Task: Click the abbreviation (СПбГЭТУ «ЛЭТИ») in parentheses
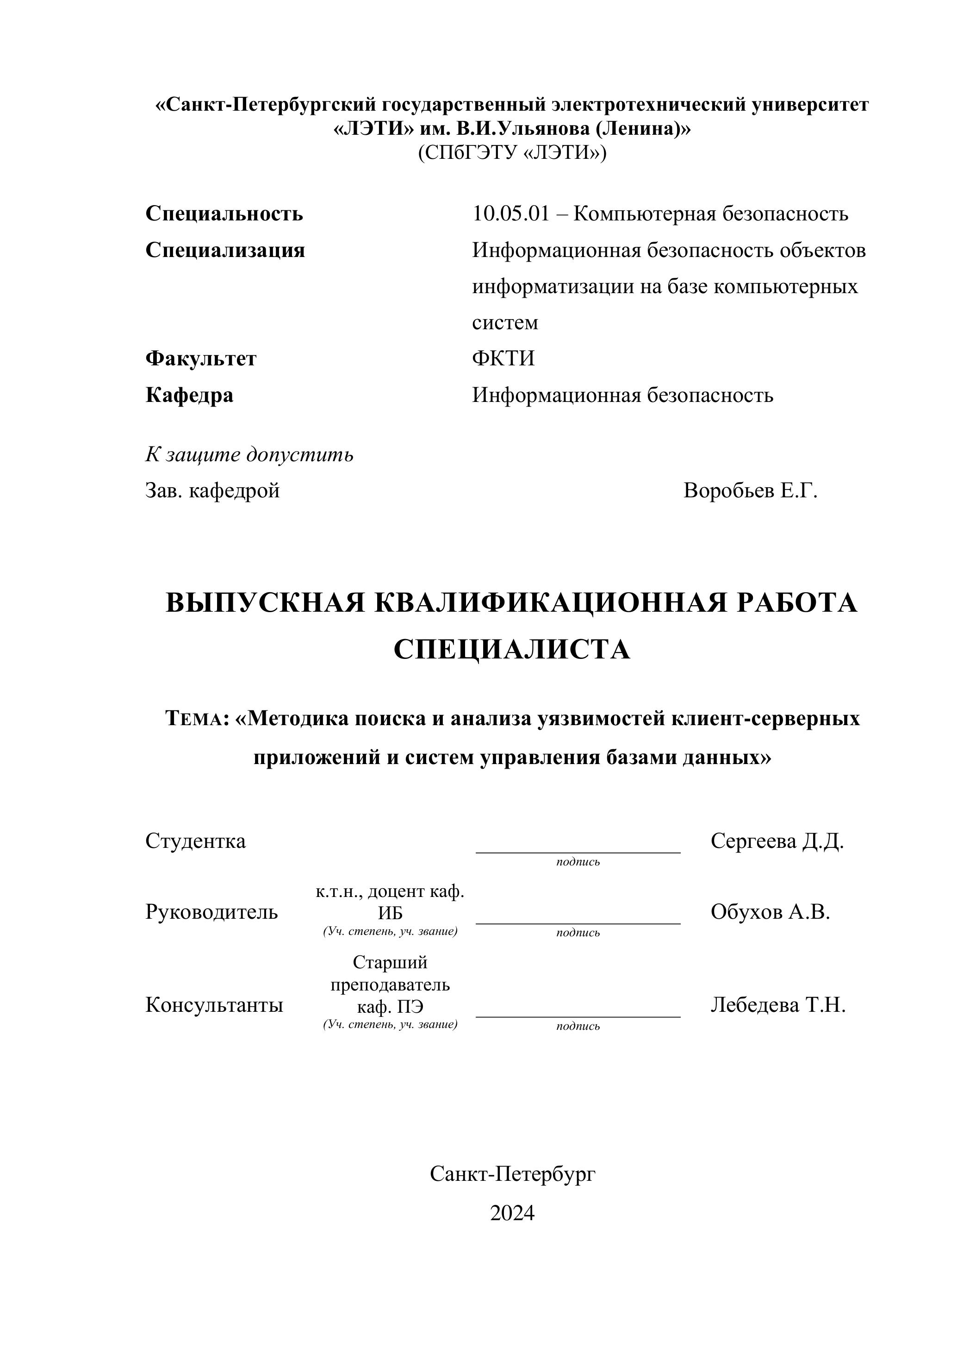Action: [511, 153]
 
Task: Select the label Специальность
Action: [224, 213]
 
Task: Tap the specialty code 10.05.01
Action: [510, 213]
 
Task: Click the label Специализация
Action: [225, 250]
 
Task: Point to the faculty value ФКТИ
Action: [503, 358]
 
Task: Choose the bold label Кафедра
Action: [189, 395]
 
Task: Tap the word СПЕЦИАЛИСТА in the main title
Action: [511, 650]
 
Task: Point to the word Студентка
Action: [195, 841]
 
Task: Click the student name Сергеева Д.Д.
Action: [777, 841]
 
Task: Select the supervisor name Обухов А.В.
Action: [770, 912]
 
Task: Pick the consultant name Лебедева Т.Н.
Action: [778, 1004]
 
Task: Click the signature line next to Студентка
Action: [578, 852]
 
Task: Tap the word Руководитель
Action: [211, 912]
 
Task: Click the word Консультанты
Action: [214, 1004]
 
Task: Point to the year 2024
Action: [511, 1213]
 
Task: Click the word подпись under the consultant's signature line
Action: [578, 1026]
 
